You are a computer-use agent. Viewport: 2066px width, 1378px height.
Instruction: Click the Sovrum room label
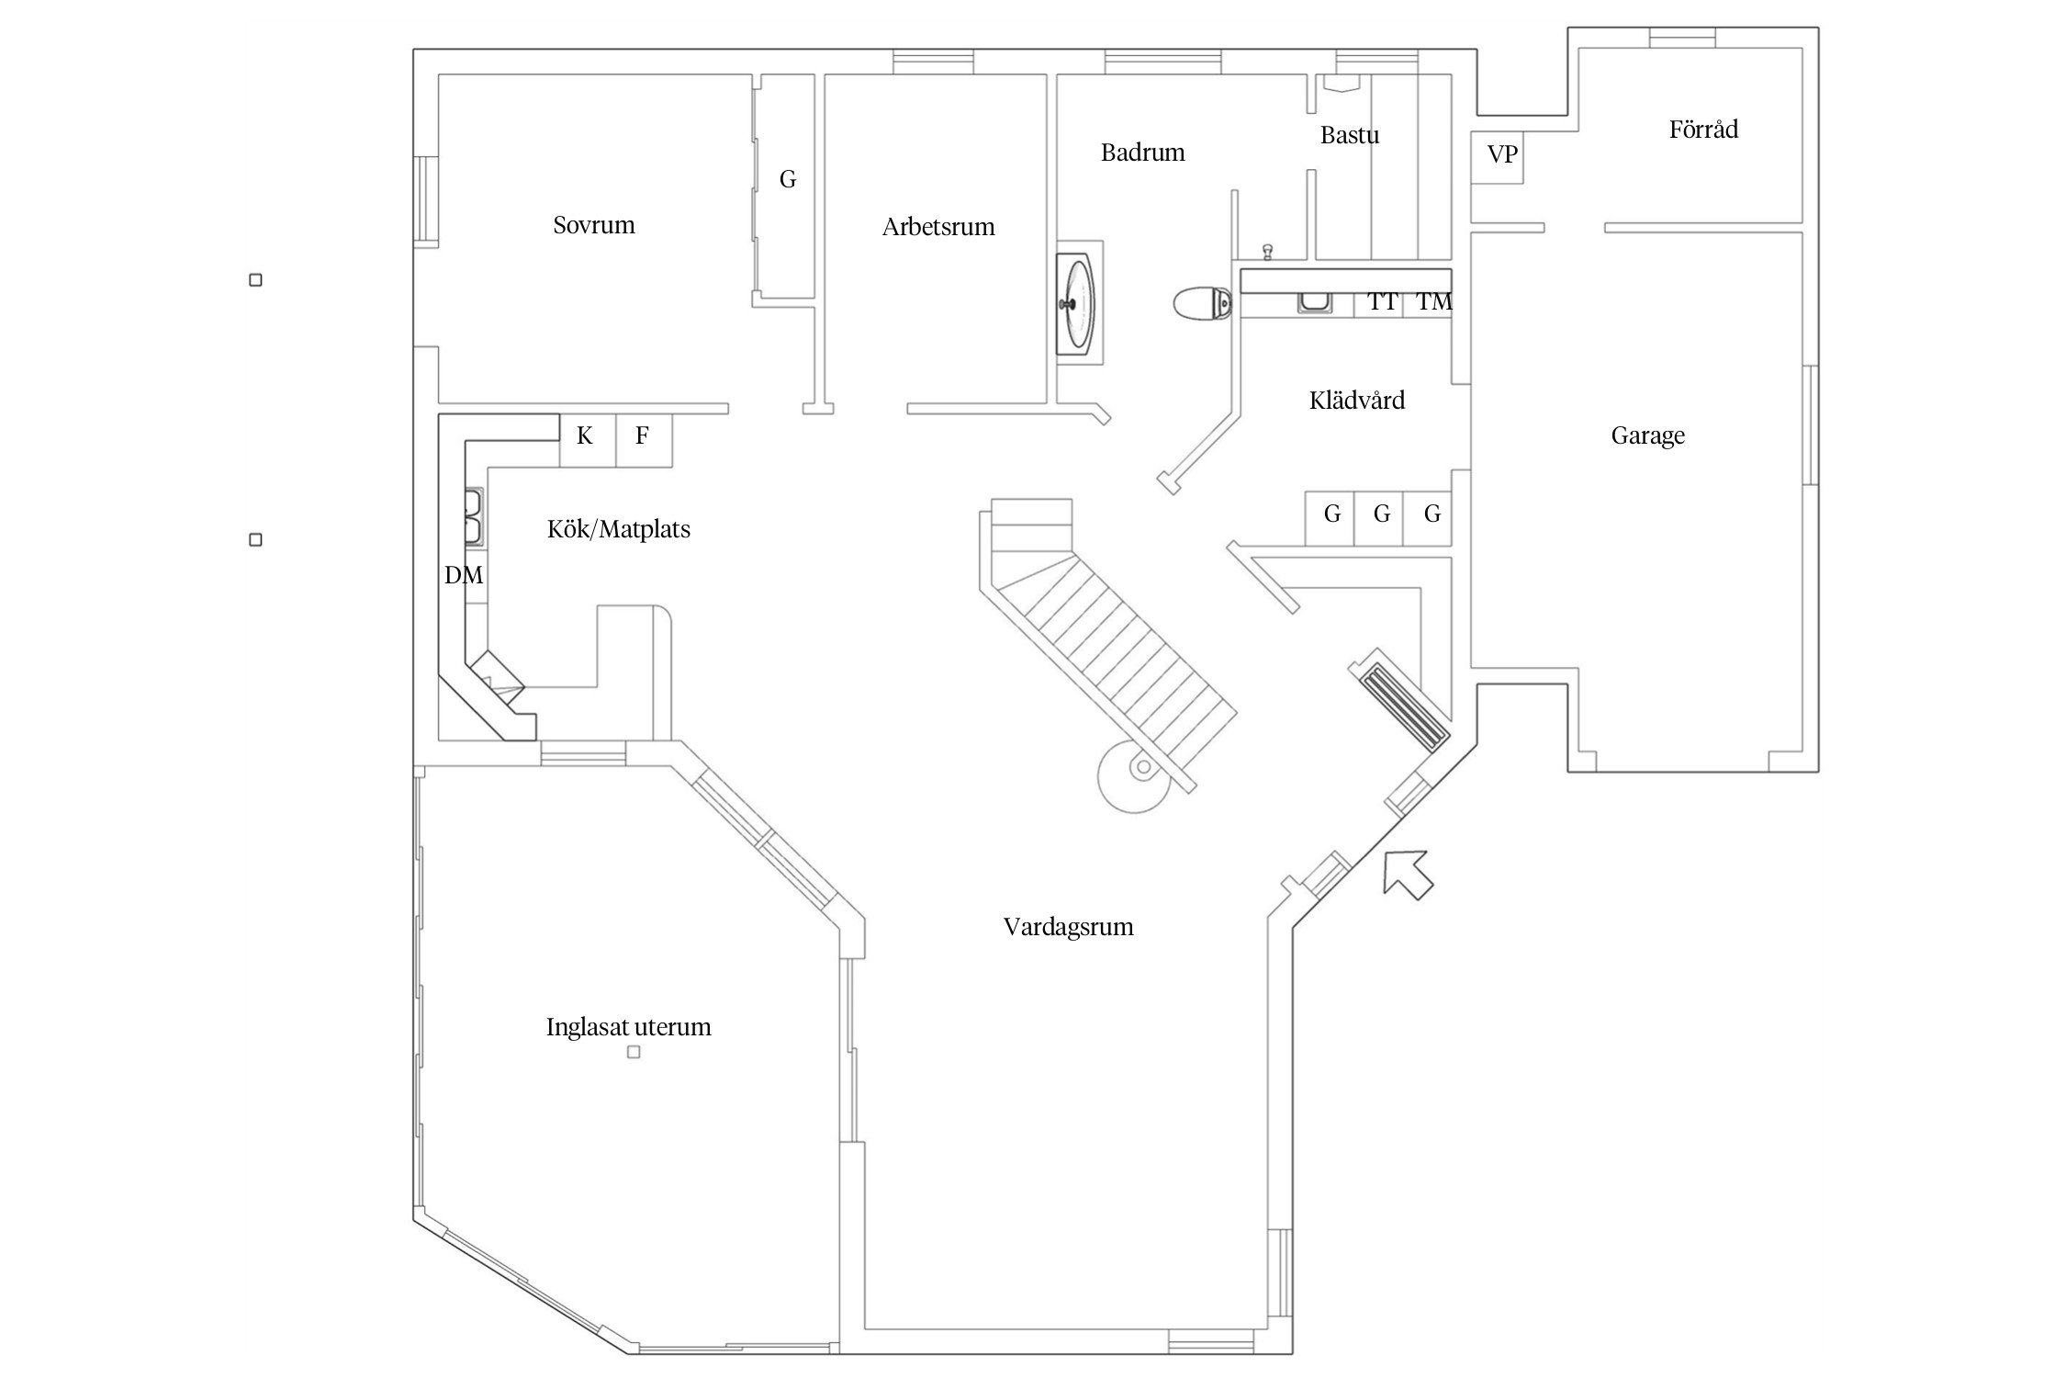(x=593, y=225)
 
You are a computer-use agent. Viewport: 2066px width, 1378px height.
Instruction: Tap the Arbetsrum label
(x=938, y=227)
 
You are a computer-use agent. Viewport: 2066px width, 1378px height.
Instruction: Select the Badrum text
(x=1142, y=152)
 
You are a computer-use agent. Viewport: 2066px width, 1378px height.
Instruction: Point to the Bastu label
(x=1349, y=135)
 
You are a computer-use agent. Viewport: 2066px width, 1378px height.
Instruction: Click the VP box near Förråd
(x=1501, y=155)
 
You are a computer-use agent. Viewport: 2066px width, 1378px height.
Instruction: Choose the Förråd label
(x=1703, y=130)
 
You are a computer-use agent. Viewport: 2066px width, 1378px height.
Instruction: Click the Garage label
(x=1647, y=435)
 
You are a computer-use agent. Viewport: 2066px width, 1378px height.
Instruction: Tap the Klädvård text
(x=1356, y=401)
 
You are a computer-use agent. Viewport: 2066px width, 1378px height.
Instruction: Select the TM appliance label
(x=1433, y=302)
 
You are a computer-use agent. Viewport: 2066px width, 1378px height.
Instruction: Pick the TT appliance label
(x=1382, y=302)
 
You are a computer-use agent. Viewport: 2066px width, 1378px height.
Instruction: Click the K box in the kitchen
(x=585, y=436)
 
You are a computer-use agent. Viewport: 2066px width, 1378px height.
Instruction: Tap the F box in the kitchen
(x=642, y=436)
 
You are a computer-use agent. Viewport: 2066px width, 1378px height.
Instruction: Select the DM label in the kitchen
(x=463, y=576)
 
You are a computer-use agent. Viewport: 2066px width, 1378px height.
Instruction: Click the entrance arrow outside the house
(x=1406, y=874)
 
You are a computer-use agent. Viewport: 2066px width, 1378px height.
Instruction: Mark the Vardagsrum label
(x=1068, y=927)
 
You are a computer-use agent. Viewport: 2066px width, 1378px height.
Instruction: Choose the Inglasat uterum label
(x=628, y=1027)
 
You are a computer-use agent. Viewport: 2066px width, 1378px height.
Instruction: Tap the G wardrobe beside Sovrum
(x=787, y=180)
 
